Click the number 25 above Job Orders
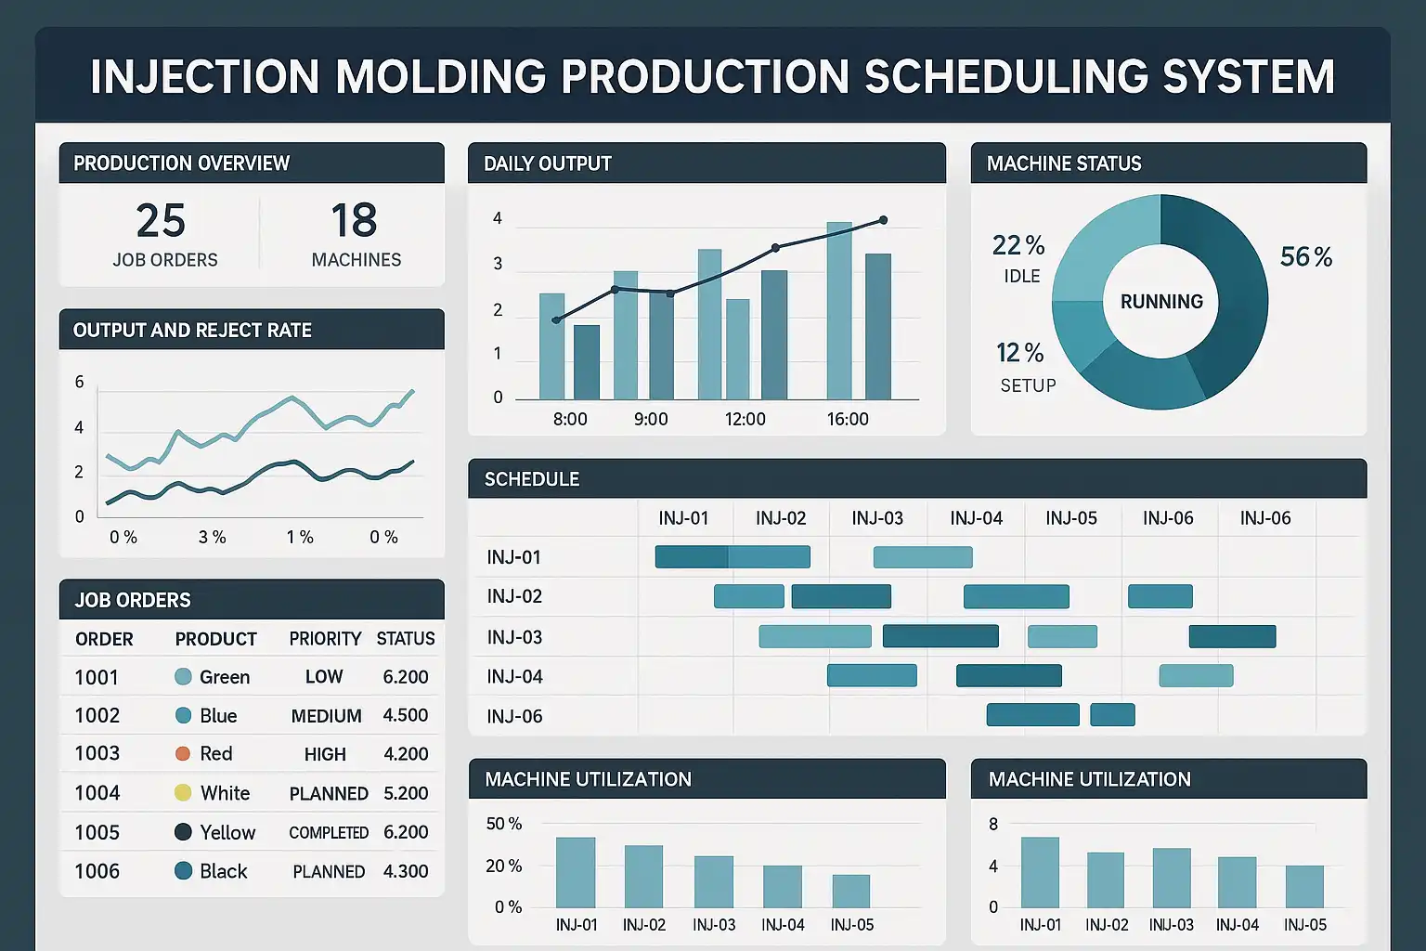click(161, 221)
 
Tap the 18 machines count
click(354, 221)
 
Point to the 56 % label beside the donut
click(1305, 257)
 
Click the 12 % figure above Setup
click(1019, 353)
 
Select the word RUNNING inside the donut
click(1161, 302)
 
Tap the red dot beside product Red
click(183, 754)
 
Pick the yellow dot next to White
click(183, 793)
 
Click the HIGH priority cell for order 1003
click(325, 755)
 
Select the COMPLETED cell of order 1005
click(329, 833)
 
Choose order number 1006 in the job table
click(97, 871)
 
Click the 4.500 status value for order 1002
click(406, 716)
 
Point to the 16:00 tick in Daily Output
click(848, 420)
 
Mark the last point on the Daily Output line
click(883, 220)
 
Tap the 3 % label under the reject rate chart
click(212, 538)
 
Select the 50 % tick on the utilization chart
click(504, 824)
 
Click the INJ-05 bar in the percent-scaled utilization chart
click(851, 892)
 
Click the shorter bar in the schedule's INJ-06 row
click(1112, 714)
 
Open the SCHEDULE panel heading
click(532, 479)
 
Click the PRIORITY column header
click(325, 639)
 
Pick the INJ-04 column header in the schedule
click(976, 518)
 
